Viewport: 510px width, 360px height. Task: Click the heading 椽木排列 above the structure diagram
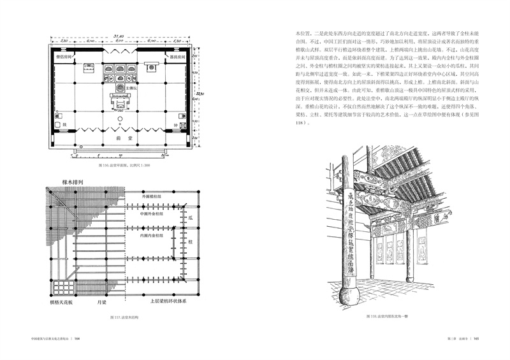pyautogui.click(x=61, y=182)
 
